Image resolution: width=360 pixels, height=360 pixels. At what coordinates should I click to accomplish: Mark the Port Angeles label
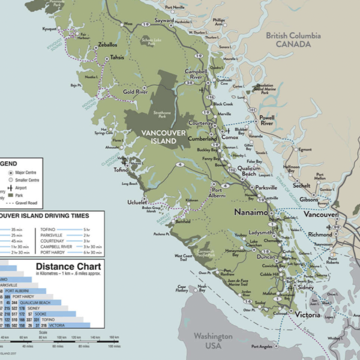pos(265,347)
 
